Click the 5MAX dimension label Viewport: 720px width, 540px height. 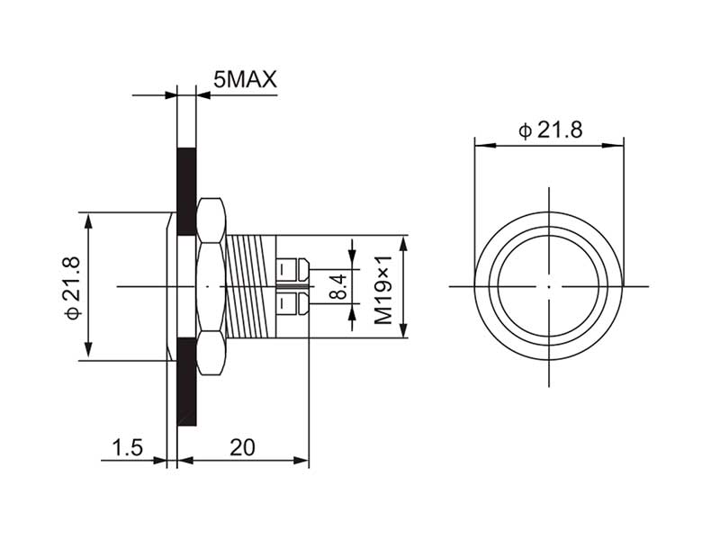[x=244, y=79]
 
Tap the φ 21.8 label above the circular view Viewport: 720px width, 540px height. [x=550, y=130]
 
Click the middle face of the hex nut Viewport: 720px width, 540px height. [x=211, y=287]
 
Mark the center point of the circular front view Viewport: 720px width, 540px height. [x=548, y=287]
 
